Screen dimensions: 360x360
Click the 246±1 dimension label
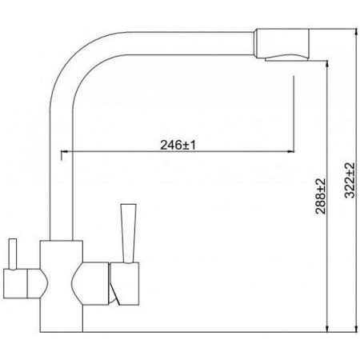(x=178, y=146)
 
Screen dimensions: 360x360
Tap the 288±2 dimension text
(x=321, y=196)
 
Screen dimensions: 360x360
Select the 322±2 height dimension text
(x=350, y=180)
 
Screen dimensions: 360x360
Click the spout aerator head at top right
(x=281, y=43)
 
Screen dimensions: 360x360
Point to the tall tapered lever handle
(x=128, y=234)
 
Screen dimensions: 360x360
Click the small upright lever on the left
(x=13, y=254)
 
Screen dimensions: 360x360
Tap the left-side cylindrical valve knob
(x=15, y=283)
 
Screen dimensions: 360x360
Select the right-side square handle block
(x=125, y=283)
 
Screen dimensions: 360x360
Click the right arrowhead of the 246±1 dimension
(x=290, y=152)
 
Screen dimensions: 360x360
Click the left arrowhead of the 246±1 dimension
(x=65, y=152)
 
